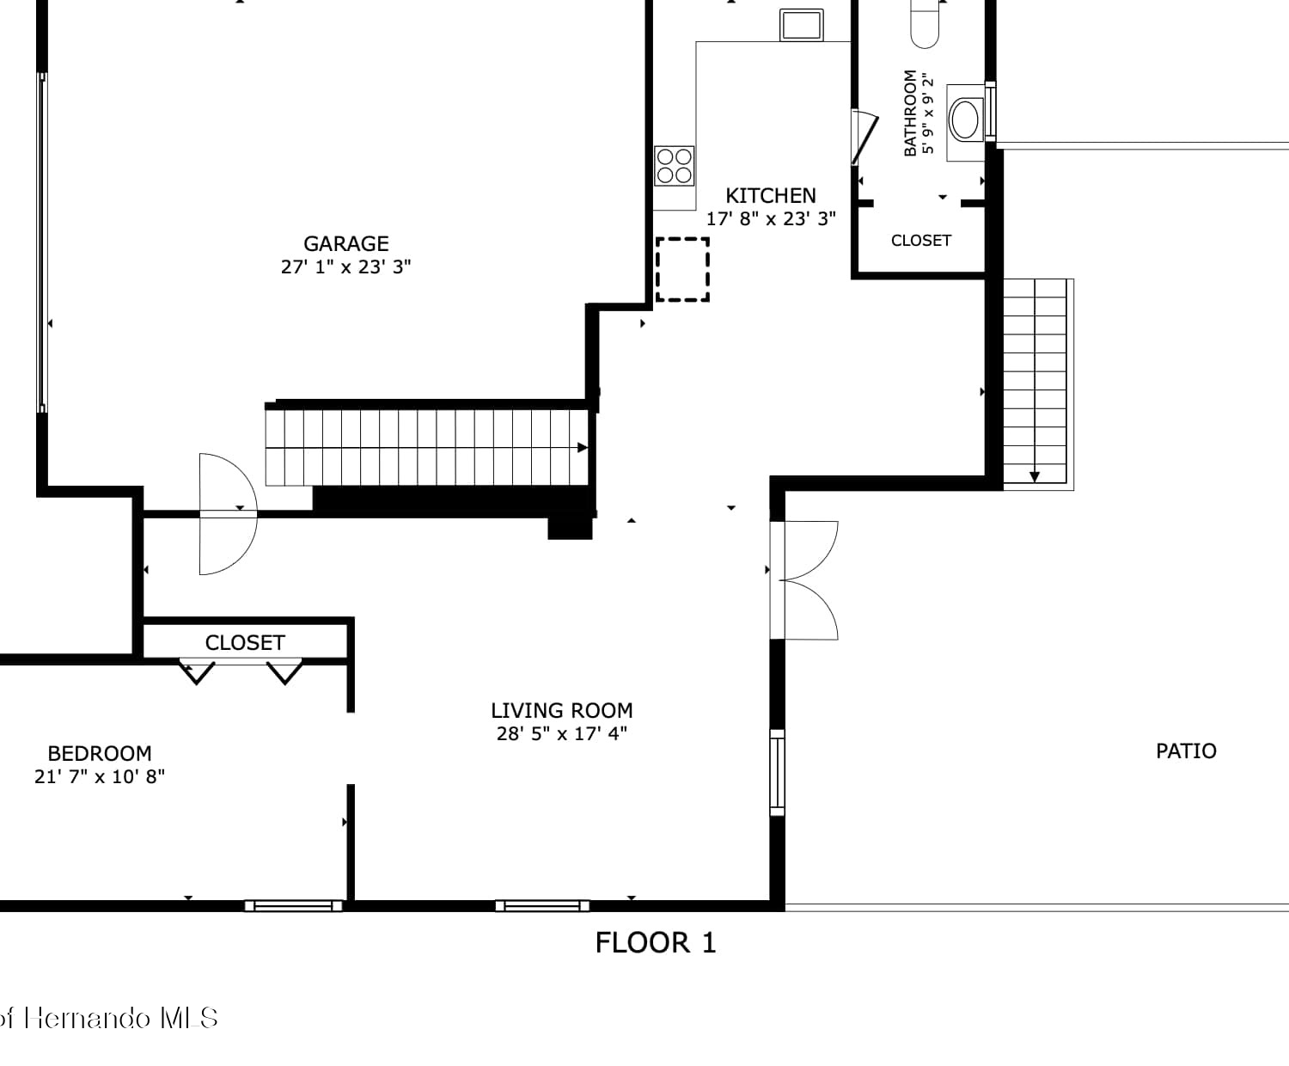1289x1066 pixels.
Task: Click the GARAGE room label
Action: point(345,244)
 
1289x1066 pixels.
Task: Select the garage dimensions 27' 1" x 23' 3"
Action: point(345,266)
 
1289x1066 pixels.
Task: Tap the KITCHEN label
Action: point(771,196)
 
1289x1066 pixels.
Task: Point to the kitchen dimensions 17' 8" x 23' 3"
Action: point(771,218)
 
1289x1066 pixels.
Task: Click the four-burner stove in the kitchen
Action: point(674,166)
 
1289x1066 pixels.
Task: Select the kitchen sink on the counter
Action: point(801,25)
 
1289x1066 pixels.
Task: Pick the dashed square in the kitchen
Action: point(682,270)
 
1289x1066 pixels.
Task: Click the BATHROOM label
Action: point(910,113)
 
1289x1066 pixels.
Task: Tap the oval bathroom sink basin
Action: point(963,119)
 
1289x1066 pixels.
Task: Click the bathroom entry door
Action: point(864,138)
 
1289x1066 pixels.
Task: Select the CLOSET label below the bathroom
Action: point(921,240)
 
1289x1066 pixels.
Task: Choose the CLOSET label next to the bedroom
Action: point(245,643)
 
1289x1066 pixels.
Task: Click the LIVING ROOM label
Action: point(562,711)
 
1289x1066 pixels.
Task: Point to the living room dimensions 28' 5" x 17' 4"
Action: point(562,733)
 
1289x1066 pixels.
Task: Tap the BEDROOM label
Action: point(100,753)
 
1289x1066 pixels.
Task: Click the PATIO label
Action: point(1186,751)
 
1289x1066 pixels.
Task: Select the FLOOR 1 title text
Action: point(656,943)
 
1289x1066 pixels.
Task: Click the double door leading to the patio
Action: point(803,580)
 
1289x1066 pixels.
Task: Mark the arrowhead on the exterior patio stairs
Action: point(1035,477)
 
